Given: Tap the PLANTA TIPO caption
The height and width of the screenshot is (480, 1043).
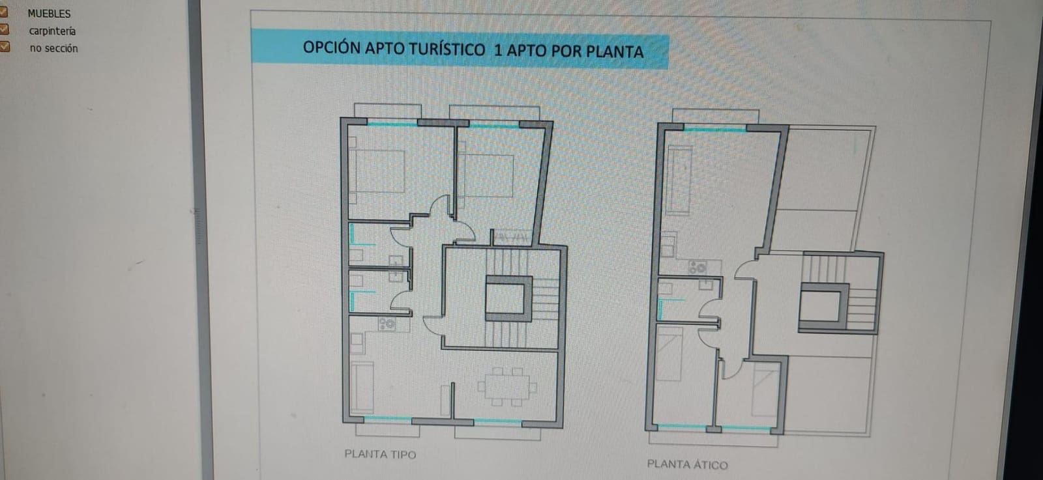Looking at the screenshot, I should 380,454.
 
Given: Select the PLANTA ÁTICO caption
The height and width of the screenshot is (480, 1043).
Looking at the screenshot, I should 687,464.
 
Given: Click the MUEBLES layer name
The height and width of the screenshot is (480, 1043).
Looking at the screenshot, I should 49,13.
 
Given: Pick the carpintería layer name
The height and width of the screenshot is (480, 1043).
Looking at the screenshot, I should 52,31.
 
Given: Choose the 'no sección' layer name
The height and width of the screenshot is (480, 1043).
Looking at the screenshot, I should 53,48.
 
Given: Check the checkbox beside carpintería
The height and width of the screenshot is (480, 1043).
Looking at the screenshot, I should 4,29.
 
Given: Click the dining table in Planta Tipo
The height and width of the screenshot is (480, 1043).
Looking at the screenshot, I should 507,386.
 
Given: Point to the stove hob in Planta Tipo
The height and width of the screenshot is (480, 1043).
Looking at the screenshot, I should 387,322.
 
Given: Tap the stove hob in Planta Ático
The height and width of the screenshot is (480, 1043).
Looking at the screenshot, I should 697,267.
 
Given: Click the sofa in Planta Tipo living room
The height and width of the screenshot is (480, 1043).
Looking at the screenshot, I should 362,388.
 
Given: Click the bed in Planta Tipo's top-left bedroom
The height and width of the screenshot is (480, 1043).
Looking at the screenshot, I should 377,172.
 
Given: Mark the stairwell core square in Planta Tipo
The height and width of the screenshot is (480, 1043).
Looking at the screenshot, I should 508,298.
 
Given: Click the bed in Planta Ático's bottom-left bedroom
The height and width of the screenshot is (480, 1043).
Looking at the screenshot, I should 669,355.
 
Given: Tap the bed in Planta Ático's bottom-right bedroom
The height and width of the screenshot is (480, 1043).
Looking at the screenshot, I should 764,389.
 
